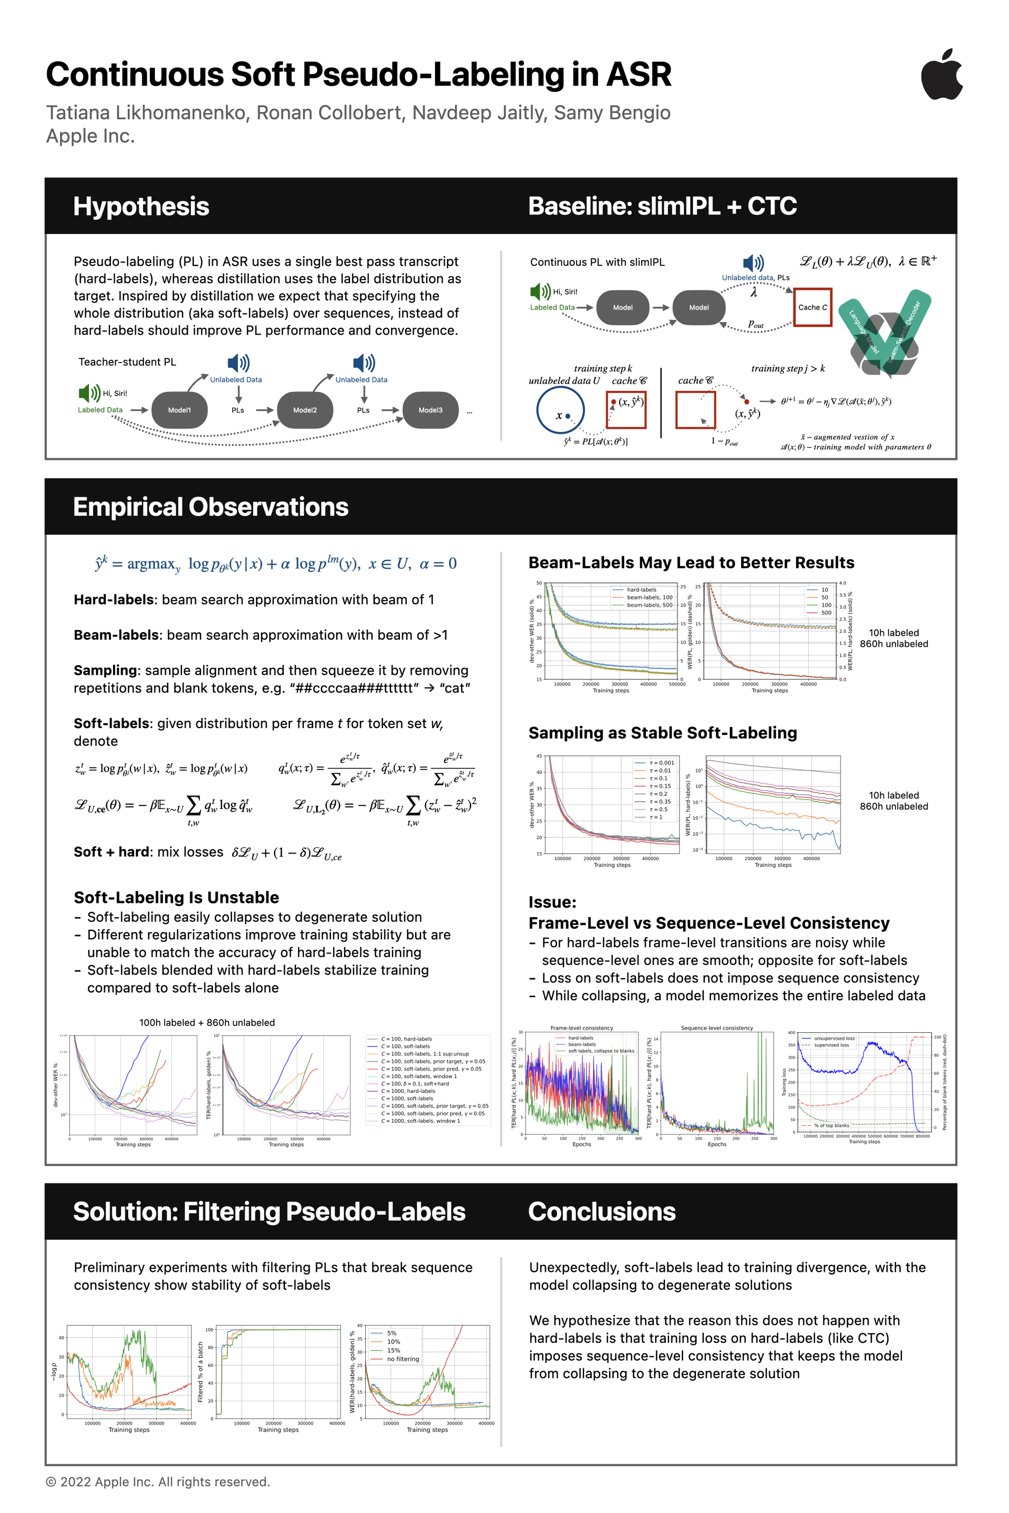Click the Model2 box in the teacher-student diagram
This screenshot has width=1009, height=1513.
click(x=305, y=410)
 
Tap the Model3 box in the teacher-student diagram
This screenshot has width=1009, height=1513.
click(x=430, y=410)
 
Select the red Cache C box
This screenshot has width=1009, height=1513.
click(x=813, y=307)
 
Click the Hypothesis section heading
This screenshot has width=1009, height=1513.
click(x=141, y=206)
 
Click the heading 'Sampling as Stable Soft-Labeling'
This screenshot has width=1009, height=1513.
click(x=662, y=733)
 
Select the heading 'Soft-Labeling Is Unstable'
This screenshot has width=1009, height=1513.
click(x=177, y=897)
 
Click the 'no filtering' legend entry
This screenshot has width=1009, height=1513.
click(x=403, y=1359)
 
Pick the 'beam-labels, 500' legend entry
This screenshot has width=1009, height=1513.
click(x=650, y=605)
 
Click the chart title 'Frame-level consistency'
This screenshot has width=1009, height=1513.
click(x=582, y=1028)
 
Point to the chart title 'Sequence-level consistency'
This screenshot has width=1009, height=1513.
click(x=717, y=1028)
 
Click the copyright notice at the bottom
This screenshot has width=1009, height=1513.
click(x=158, y=1481)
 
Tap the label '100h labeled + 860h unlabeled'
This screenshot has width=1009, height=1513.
click(x=207, y=1022)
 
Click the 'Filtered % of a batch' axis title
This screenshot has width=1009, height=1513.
click(x=201, y=1372)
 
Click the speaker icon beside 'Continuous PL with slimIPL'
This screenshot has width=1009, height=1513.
click(x=753, y=263)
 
